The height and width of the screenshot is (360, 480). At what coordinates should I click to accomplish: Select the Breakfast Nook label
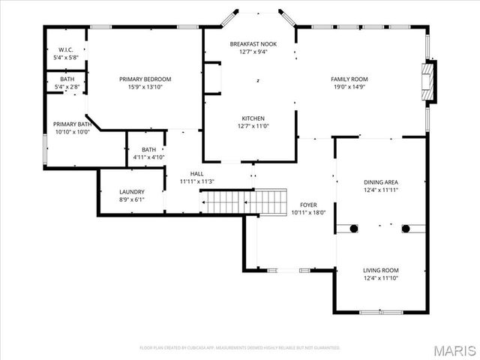253,44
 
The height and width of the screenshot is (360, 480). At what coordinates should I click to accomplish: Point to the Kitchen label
253,118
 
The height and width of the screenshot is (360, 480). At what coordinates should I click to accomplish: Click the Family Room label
349,79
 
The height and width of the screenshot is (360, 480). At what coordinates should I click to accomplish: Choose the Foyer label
309,204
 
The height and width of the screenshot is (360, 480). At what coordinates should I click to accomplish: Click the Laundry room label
131,192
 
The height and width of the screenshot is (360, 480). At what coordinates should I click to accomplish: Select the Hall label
196,173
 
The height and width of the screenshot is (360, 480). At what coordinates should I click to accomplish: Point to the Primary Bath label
72,124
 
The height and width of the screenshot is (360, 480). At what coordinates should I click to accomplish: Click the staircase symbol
244,201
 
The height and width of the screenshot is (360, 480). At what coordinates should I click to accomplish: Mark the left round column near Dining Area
352,228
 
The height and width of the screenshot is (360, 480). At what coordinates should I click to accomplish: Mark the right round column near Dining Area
406,228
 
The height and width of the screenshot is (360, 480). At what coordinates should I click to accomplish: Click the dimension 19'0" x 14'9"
349,87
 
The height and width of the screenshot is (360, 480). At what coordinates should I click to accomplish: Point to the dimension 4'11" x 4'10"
148,157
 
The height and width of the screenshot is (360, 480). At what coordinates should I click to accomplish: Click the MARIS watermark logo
454,349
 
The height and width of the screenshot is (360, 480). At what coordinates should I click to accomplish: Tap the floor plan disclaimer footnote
240,348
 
